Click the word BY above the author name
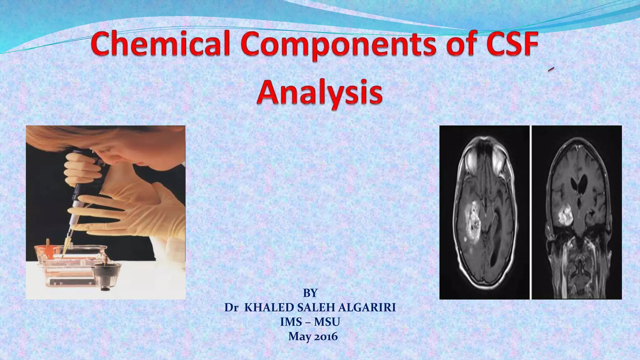click(310, 293)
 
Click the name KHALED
click(269, 308)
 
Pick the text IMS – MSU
click(310, 322)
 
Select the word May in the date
click(297, 336)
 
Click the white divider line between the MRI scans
click(531, 212)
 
